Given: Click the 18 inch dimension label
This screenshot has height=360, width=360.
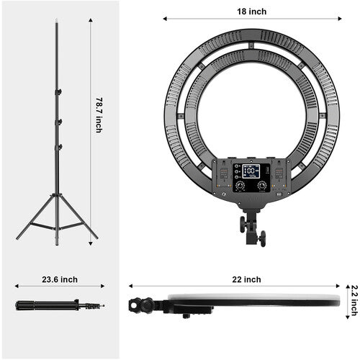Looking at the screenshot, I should [251, 11].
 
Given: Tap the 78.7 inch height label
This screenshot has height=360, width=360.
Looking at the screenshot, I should [99, 116].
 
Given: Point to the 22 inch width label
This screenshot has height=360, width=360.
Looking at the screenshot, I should [251, 279].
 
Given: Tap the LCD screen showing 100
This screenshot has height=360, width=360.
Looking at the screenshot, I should [251, 171].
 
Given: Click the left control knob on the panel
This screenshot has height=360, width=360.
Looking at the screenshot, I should [240, 185].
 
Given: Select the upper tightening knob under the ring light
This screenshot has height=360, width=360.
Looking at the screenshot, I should [243, 224].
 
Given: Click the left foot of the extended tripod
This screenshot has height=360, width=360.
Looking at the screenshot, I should [18, 237].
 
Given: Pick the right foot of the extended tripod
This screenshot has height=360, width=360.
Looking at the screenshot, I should [96, 237].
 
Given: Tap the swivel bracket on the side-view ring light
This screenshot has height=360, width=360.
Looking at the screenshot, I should [144, 305].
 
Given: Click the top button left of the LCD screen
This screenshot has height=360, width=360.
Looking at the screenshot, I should [236, 166].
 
